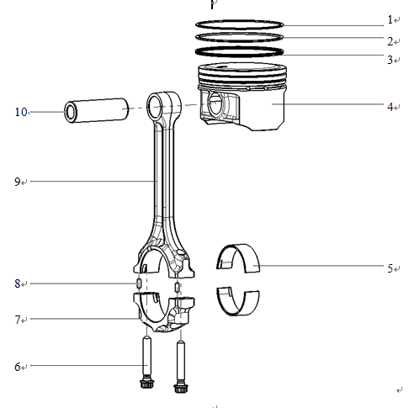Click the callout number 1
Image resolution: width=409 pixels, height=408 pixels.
coord(390,19)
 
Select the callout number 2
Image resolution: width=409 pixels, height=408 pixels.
coord(390,40)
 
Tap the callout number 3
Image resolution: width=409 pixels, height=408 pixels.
coord(390,60)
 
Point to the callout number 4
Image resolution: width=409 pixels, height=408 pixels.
coord(390,107)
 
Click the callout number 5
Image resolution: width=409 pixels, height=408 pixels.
coord(390,268)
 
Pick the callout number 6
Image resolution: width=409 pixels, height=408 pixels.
coord(18,366)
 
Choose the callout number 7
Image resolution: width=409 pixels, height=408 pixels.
coord(18,320)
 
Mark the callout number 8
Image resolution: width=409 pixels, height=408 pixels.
coord(18,283)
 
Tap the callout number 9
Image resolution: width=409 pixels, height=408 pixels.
coord(18,181)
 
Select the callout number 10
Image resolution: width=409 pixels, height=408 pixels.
coord(20,111)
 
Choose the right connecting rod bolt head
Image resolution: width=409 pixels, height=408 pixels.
coord(178,387)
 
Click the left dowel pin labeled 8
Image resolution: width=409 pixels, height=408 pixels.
coord(141,283)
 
